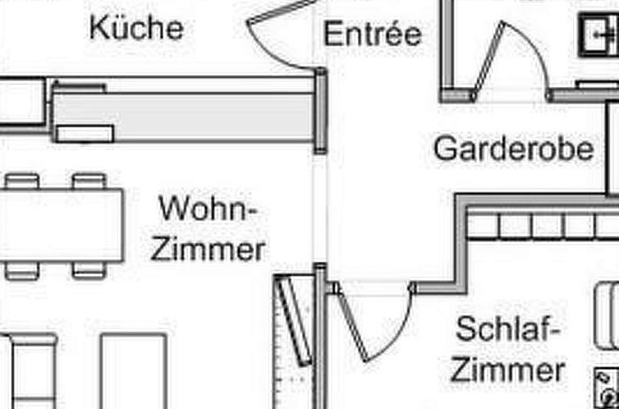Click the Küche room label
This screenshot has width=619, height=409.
click(x=136, y=28)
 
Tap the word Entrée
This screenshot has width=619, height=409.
click(x=373, y=33)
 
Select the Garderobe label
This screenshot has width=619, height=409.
click(x=514, y=148)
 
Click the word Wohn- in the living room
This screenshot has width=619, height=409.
click(x=208, y=209)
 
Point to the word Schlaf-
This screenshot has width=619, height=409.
click(x=508, y=329)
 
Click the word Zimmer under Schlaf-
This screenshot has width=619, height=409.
click(x=507, y=370)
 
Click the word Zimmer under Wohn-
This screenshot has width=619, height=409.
click(x=208, y=250)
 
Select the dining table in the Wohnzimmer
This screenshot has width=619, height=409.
click(x=62, y=225)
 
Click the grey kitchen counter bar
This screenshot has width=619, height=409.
click(x=184, y=117)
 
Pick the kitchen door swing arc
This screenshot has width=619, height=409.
click(x=273, y=53)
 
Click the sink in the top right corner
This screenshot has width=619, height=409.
click(x=598, y=34)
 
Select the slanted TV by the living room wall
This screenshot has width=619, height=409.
click(x=294, y=320)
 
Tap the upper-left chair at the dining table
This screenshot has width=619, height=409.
click(x=22, y=182)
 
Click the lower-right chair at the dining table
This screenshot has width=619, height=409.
click(x=89, y=270)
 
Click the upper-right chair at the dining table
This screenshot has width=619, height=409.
click(x=89, y=182)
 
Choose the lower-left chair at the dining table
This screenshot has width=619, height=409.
click(x=22, y=270)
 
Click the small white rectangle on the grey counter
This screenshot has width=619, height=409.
click(x=85, y=133)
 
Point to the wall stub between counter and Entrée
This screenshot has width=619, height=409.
click(x=320, y=111)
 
